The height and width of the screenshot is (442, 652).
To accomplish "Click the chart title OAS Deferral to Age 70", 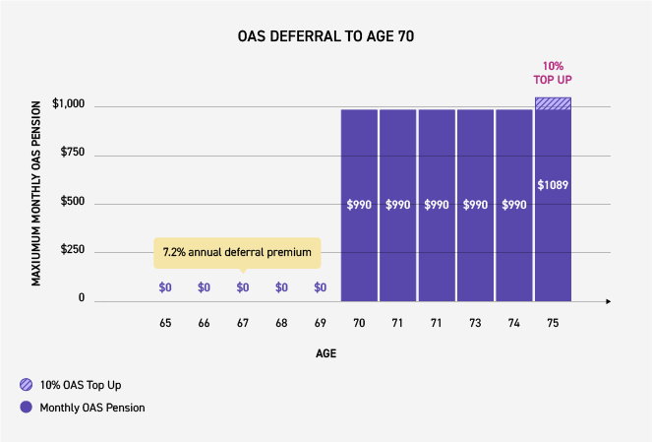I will [326, 37].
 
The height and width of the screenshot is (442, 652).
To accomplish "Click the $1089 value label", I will [553, 184].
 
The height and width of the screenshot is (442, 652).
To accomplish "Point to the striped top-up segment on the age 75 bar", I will [553, 103].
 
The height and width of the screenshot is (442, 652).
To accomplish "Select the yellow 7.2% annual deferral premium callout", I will [237, 253].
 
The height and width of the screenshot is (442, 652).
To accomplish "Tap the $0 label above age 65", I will [165, 287].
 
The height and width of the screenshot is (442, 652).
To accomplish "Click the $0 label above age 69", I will [320, 287].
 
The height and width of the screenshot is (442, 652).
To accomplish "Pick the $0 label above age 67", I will [243, 287].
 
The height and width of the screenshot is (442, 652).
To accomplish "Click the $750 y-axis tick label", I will [72, 153].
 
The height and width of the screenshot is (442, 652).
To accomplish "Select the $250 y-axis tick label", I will [72, 250].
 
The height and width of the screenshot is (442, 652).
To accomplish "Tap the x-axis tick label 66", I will [204, 323].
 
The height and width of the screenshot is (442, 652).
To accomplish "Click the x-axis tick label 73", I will [475, 323].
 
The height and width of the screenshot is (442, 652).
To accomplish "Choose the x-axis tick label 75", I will [553, 323].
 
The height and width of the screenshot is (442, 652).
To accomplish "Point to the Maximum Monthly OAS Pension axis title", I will [36, 193].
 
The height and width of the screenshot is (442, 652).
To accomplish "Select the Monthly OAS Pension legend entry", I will [84, 408].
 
